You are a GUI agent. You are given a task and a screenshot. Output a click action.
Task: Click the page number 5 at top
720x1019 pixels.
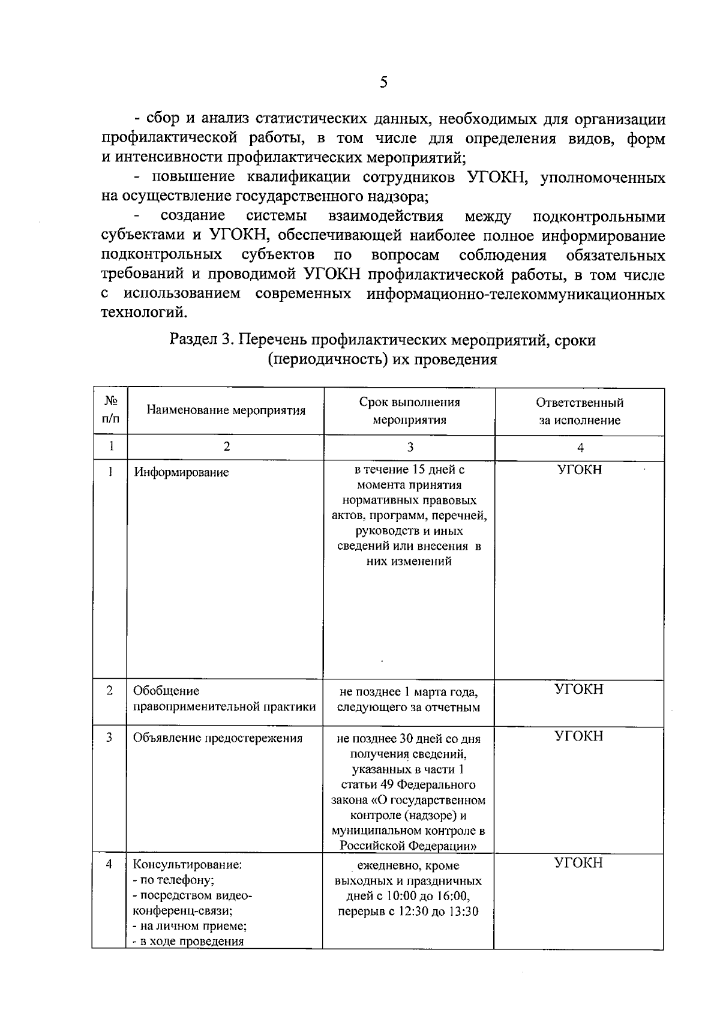click(x=383, y=83)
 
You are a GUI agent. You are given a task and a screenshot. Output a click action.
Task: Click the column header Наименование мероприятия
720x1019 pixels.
click(x=226, y=411)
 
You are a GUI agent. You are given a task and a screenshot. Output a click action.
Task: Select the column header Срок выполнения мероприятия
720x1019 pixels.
click(x=409, y=411)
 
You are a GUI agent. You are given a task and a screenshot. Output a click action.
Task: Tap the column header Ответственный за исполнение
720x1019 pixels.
click(x=579, y=411)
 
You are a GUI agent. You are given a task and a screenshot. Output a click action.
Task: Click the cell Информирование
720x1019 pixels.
click(x=181, y=472)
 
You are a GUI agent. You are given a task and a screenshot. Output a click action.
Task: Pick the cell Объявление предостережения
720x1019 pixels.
click(x=217, y=738)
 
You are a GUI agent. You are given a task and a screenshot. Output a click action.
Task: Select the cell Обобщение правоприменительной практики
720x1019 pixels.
click(x=224, y=699)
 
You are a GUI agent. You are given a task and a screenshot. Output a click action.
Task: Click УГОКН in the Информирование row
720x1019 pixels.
click(x=579, y=470)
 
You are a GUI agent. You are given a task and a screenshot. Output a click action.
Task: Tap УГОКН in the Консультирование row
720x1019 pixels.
click(x=578, y=863)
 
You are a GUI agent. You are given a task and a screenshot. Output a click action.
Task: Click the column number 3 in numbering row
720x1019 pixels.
click(x=410, y=447)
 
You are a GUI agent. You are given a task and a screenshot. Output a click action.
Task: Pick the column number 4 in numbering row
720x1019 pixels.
click(x=580, y=447)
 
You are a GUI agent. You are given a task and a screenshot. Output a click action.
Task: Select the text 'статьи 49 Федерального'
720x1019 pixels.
click(x=408, y=785)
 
